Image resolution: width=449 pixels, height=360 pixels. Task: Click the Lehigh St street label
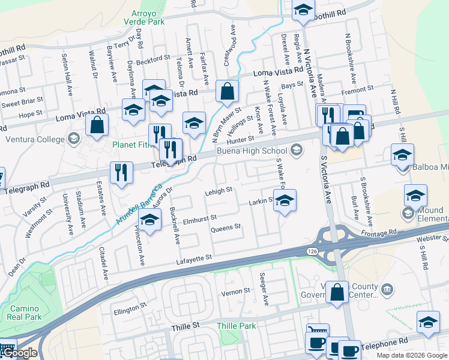218,190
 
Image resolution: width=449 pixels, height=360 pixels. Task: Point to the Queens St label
225,227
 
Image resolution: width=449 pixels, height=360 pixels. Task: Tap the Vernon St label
235,291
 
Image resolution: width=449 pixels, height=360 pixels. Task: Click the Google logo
20,353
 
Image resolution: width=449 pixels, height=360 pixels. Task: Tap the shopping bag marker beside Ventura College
97,125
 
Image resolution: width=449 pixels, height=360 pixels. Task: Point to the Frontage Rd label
384,232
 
